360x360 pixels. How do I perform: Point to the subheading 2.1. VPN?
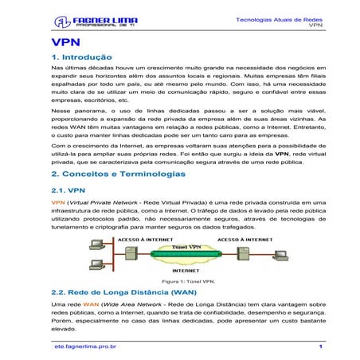click(68, 190)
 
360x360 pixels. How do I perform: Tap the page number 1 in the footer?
click(320, 346)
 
